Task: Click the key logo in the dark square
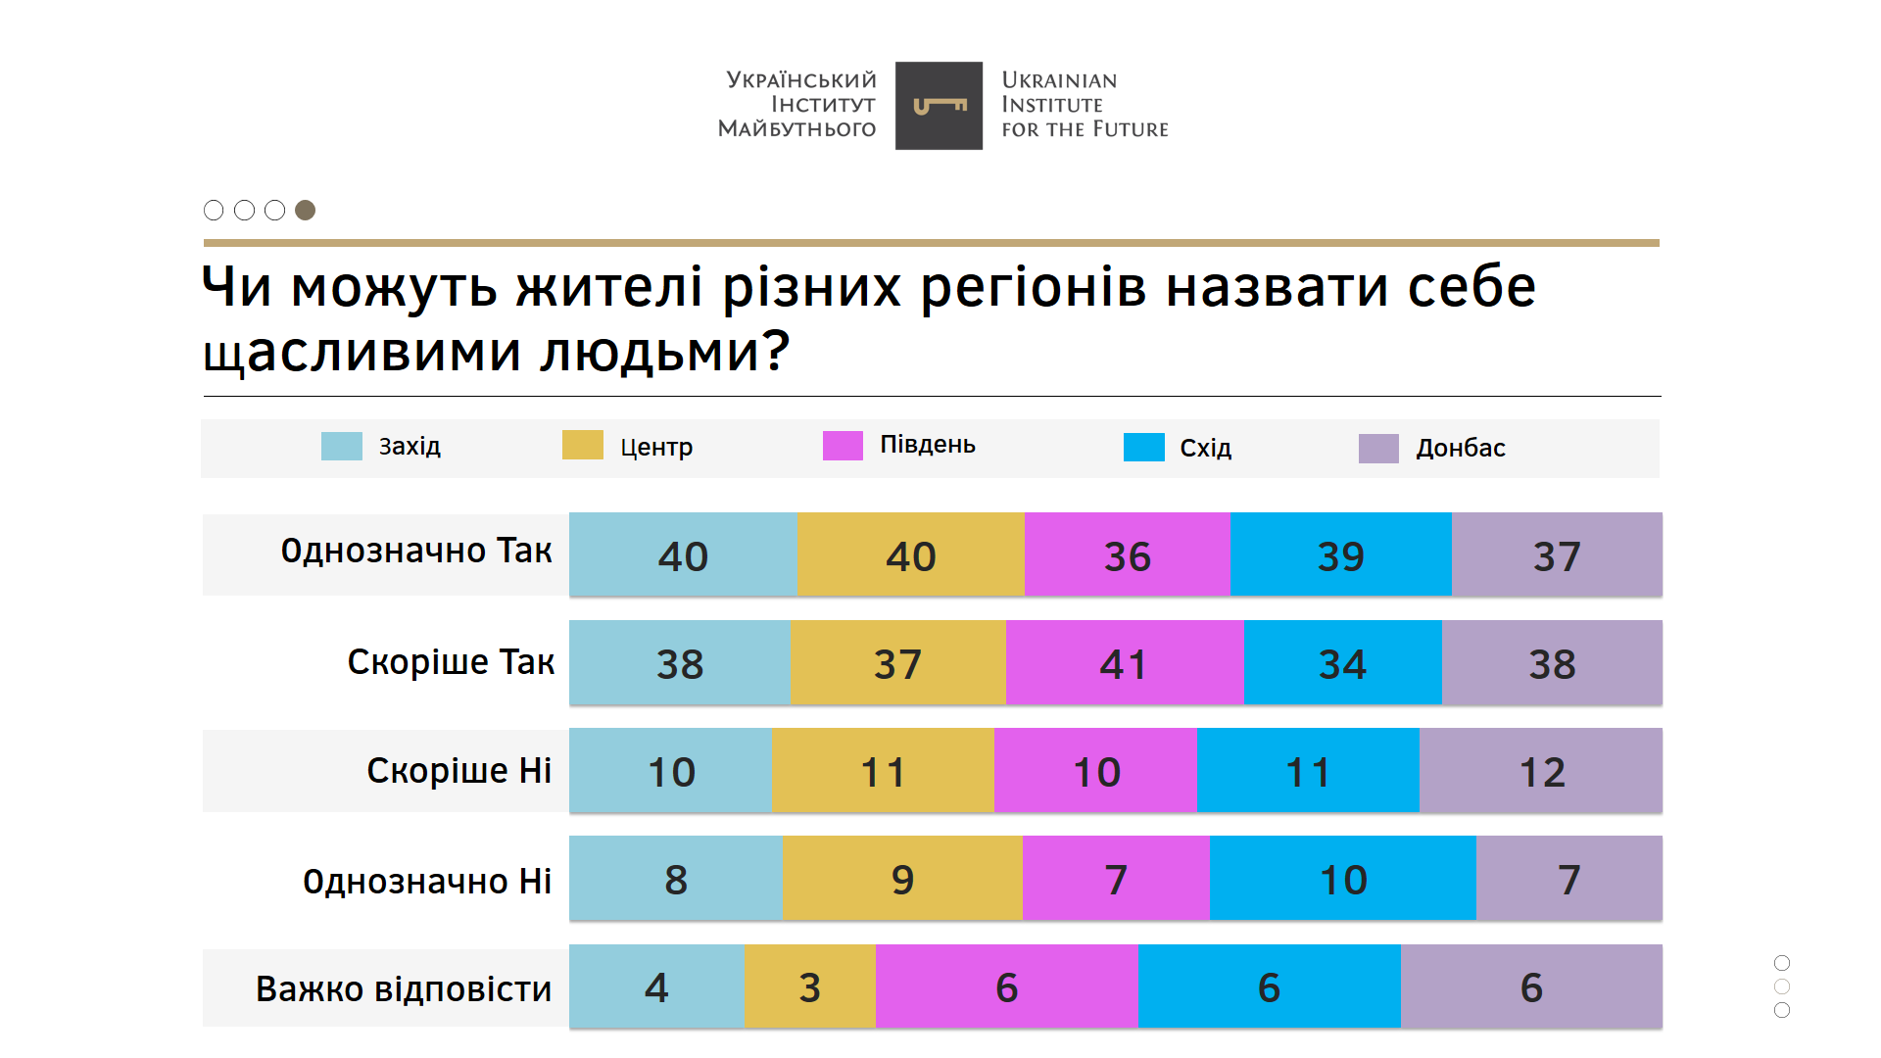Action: tap(939, 106)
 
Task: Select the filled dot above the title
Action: tap(306, 211)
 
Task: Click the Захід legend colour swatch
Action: tap(342, 447)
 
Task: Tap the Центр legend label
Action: tap(656, 448)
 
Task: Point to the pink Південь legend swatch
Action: tap(843, 446)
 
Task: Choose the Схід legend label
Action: tap(1205, 449)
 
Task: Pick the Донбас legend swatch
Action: tap(1378, 449)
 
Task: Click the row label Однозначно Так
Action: tap(416, 552)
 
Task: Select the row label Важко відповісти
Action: tap(404, 989)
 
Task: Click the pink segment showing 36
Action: tap(1127, 555)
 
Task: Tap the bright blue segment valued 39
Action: tap(1340, 555)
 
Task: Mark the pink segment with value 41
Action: tap(1124, 663)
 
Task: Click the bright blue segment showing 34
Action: tap(1342, 663)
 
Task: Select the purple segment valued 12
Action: tap(1541, 771)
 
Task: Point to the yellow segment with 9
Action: tap(902, 879)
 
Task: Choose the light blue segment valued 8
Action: tap(676, 879)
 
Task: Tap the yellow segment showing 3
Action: tap(809, 986)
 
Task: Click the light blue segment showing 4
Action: tap(656, 986)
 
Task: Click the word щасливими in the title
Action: tap(362, 353)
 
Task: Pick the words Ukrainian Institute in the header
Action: tap(1058, 92)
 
